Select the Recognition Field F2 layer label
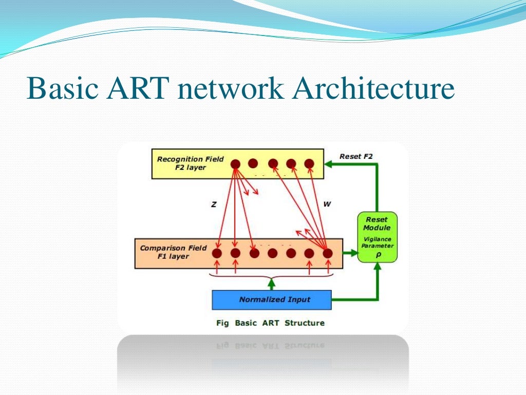190,163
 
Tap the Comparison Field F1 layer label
173,252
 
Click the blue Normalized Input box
272,299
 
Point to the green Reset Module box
377,237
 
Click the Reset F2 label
356,156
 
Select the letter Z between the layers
214,204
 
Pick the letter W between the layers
327,204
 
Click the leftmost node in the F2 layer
235,164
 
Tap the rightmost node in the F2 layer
309,164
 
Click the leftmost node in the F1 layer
217,253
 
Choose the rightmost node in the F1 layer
327,253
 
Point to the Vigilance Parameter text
377,242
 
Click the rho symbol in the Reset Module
377,254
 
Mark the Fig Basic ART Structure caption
269,323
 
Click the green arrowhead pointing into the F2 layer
329,164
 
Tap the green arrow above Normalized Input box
272,283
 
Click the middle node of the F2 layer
273,164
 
